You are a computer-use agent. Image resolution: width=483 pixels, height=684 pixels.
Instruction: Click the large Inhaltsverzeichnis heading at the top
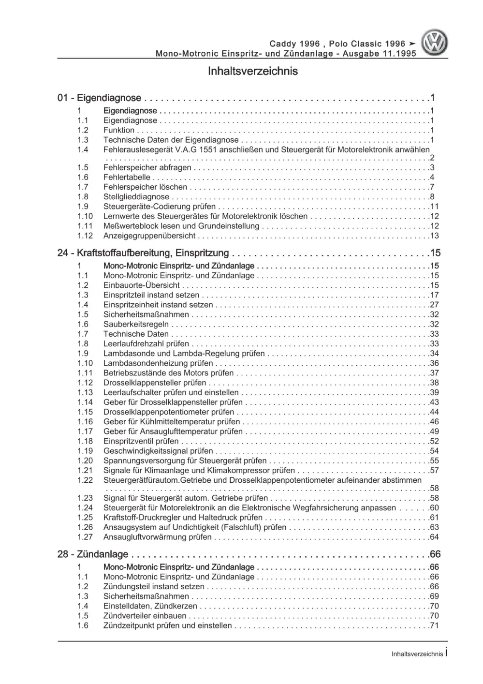[x=252, y=71]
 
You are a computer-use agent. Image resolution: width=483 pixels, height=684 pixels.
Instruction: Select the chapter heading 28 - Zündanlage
[x=93, y=554]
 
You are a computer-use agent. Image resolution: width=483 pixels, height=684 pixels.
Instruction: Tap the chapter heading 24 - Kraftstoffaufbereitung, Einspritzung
[x=143, y=253]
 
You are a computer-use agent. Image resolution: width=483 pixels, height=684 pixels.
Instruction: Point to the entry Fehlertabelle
[x=127, y=178]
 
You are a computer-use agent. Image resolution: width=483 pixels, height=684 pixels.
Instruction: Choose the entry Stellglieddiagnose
[x=136, y=197]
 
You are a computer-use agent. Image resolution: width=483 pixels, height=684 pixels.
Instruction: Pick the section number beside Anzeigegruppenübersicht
[x=85, y=236]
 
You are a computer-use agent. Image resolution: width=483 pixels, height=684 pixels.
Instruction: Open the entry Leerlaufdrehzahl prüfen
[x=146, y=344]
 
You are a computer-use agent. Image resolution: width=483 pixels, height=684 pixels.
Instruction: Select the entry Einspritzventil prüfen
[x=141, y=441]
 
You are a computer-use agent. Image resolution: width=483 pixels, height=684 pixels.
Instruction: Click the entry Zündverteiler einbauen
[x=145, y=616]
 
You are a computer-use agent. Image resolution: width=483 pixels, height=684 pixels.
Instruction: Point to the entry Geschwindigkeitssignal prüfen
[x=158, y=451]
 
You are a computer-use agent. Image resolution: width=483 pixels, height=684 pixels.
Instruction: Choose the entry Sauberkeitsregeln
[x=136, y=324]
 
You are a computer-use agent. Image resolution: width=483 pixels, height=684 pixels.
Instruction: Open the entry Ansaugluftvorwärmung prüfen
[x=158, y=537]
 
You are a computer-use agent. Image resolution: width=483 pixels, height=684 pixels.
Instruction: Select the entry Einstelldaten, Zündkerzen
[x=150, y=606]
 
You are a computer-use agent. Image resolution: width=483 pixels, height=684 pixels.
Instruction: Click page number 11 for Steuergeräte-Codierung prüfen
[x=434, y=207]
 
